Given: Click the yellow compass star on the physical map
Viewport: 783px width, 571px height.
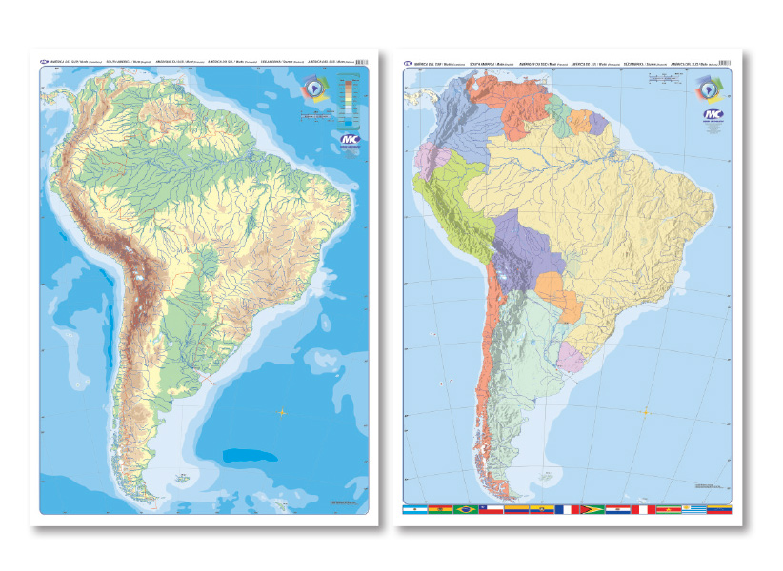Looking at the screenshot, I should pos(282,411).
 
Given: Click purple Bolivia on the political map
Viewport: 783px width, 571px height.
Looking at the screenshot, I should pos(515,252).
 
